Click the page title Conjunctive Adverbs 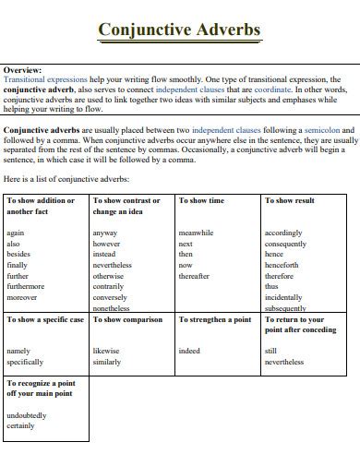[x=179, y=30]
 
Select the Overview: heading [x=24, y=70]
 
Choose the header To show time [x=201, y=200]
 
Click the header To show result [x=290, y=200]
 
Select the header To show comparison [x=127, y=319]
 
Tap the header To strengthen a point [x=215, y=319]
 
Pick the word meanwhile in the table [x=196, y=233]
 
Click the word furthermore [x=25, y=286]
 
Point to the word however [x=106, y=244]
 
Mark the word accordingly [x=283, y=233]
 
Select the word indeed [x=189, y=351]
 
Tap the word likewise [x=106, y=351]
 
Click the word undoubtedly [x=26, y=415]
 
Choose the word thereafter [x=194, y=276]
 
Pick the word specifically [x=25, y=362]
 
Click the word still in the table [x=270, y=351]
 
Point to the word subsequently [x=285, y=308]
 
